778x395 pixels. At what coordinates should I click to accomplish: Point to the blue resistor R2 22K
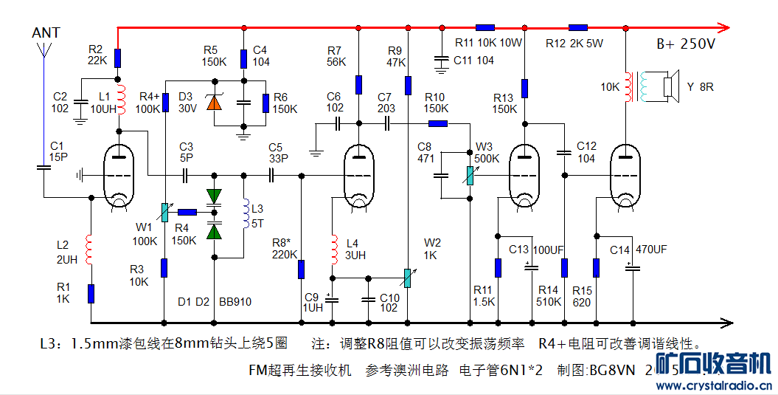pos(117,58)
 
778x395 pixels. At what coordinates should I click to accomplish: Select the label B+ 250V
pos(686,44)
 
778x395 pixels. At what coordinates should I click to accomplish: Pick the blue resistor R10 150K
pos(438,124)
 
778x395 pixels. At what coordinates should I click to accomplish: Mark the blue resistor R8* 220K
pos(301,269)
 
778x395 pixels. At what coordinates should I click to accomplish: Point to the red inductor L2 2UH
pos(91,250)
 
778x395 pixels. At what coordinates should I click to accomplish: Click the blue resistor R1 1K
pos(91,293)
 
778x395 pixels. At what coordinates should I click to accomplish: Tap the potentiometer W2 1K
pos(407,278)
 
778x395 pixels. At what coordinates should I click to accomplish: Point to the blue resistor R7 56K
pos(358,84)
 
